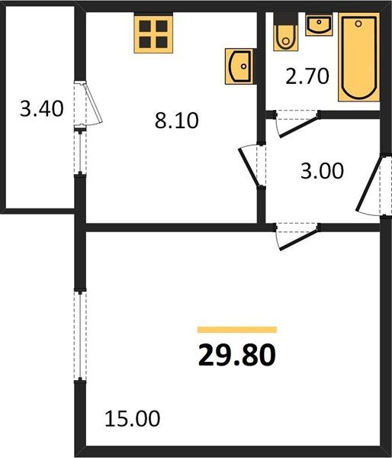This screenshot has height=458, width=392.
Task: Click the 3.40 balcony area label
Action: (40, 109)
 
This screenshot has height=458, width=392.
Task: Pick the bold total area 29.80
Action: (236, 356)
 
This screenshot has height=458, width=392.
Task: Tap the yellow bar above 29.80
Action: (236, 330)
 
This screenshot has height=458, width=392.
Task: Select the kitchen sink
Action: (239, 67)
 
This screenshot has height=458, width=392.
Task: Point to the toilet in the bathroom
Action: (285, 34)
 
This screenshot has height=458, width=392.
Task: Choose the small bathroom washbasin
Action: (318, 25)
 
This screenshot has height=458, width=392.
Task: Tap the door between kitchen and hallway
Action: (252, 163)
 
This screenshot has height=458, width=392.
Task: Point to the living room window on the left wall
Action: (79, 336)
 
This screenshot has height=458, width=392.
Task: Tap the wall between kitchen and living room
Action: (168, 226)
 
